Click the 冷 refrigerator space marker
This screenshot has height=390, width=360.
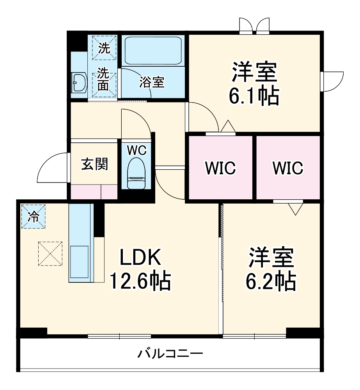click(34, 216)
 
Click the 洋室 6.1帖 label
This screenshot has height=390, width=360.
click(255, 83)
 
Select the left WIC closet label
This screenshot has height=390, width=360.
click(221, 168)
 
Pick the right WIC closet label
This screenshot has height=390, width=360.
click(288, 168)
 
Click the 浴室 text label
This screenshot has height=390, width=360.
click(152, 82)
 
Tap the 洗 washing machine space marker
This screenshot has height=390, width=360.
click(104, 48)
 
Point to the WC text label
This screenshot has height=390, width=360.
click(137, 149)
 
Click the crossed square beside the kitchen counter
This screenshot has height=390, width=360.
click(50, 253)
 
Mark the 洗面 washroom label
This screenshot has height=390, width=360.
click(103, 79)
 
